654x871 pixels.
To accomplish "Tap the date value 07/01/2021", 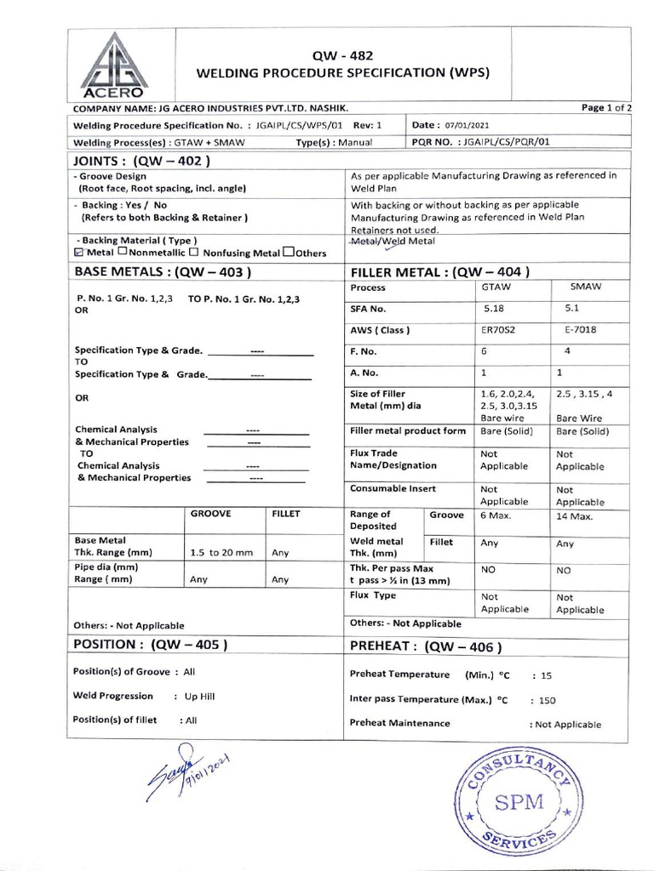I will [x=464, y=124].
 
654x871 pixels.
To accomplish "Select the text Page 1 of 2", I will [x=606, y=107].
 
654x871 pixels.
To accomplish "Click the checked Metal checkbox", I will [x=79, y=253].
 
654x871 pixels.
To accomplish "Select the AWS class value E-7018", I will [x=573, y=330].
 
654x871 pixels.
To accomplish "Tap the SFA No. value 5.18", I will [x=493, y=310].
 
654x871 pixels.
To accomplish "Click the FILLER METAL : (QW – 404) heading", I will [x=440, y=272].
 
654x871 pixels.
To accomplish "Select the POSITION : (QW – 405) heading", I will [x=152, y=644].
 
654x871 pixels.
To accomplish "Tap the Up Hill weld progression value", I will [x=200, y=696].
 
